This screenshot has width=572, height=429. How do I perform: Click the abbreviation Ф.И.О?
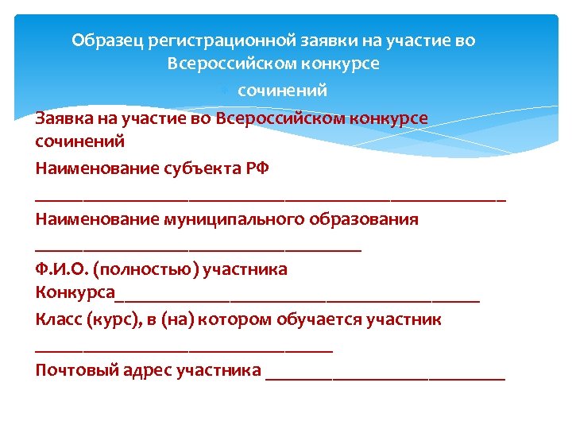click(x=62, y=269)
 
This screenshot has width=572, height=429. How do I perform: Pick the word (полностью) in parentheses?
click(x=146, y=269)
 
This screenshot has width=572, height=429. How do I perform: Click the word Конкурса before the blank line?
click(x=75, y=295)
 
